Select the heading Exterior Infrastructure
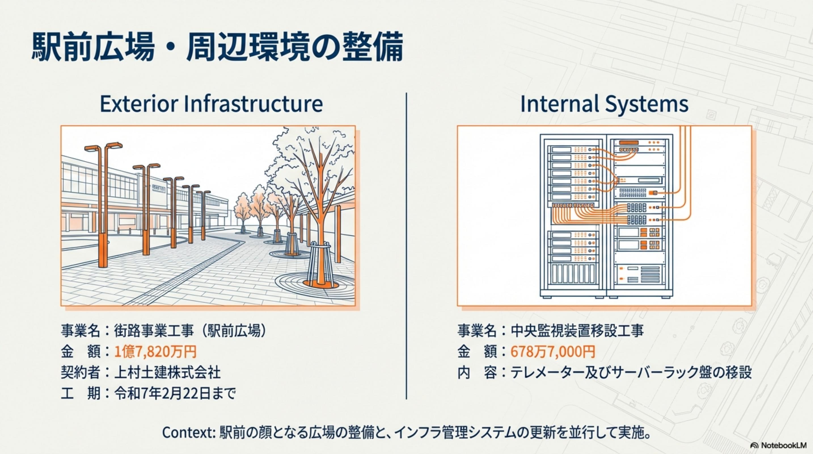(x=211, y=104)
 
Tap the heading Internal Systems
(x=604, y=104)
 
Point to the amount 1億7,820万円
(x=155, y=351)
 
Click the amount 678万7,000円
(x=553, y=351)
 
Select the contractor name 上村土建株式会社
(x=167, y=372)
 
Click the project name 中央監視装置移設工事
(x=577, y=331)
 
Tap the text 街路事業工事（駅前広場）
(x=191, y=331)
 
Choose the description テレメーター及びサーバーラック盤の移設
(x=631, y=372)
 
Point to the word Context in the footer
(x=188, y=432)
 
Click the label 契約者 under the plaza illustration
(x=81, y=372)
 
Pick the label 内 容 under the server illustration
(x=477, y=372)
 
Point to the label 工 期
(x=81, y=393)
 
